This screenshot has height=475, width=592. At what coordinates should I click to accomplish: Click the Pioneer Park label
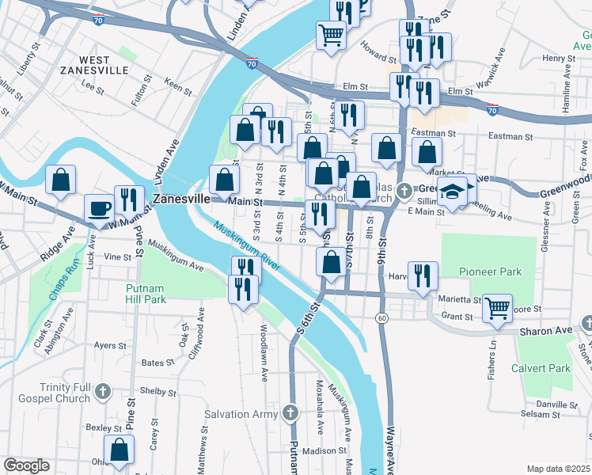(x=490, y=272)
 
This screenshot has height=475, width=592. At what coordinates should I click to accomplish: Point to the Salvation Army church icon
(x=290, y=413)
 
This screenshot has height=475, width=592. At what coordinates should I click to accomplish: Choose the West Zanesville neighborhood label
(x=105, y=65)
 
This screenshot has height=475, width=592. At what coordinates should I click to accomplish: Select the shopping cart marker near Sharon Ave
(x=497, y=307)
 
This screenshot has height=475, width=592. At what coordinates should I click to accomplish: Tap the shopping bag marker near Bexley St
(x=120, y=450)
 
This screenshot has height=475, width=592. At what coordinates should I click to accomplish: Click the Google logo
(x=26, y=465)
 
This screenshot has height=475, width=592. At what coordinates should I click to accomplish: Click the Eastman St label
(x=507, y=136)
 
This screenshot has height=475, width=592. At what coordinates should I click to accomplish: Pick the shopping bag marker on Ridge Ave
(x=60, y=180)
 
